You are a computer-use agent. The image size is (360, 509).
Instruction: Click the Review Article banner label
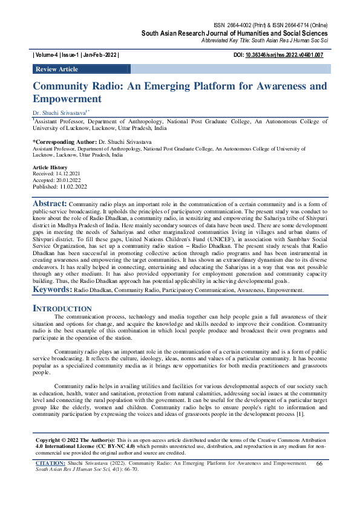[57, 70]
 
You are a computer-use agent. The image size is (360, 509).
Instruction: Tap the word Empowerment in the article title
[67, 99]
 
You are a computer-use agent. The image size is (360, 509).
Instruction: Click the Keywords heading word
[51, 290]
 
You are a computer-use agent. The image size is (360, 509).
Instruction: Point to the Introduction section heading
[62, 308]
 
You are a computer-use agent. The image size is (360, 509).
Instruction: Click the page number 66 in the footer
[320, 463]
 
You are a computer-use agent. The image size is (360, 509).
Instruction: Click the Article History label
[50, 167]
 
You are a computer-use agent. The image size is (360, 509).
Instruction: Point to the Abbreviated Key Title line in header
[264, 40]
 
